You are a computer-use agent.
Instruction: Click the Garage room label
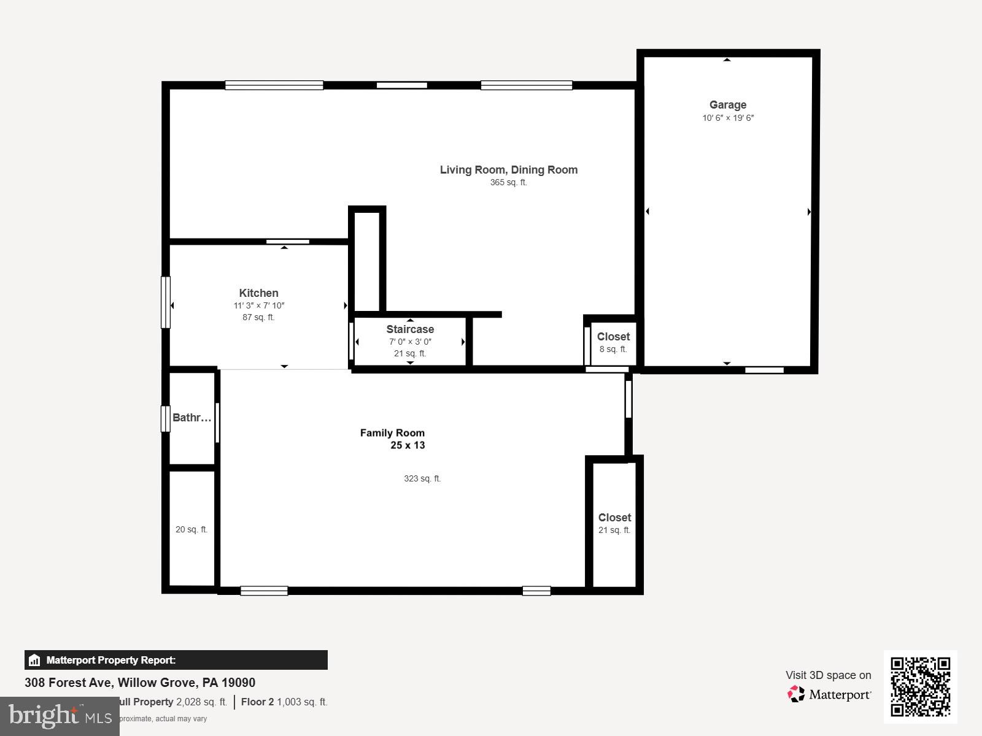click(x=728, y=105)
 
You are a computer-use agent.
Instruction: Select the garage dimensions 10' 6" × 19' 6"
click(x=728, y=118)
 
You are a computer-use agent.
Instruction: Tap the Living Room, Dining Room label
click(x=508, y=170)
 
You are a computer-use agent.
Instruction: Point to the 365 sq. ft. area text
click(x=508, y=183)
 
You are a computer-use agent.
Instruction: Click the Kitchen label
click(x=258, y=293)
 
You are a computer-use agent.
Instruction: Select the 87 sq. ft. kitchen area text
click(x=258, y=318)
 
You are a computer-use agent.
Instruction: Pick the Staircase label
click(x=410, y=329)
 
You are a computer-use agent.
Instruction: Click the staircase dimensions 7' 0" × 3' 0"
click(x=410, y=342)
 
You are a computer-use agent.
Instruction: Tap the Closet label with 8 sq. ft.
click(x=613, y=337)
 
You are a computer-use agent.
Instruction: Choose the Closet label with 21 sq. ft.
click(x=614, y=518)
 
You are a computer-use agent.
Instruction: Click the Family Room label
click(x=392, y=433)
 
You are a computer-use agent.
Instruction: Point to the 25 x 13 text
click(x=408, y=446)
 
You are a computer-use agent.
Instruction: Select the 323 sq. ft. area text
click(x=422, y=479)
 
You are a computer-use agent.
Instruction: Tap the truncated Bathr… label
click(x=191, y=418)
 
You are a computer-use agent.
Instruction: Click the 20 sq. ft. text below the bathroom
click(x=191, y=530)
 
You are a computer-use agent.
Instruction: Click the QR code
click(x=920, y=686)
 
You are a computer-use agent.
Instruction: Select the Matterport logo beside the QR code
click(x=829, y=694)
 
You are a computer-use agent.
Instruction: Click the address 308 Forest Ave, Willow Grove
click(x=140, y=683)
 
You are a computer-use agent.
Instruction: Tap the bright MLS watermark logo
click(x=60, y=716)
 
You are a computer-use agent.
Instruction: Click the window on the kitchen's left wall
click(x=165, y=302)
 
